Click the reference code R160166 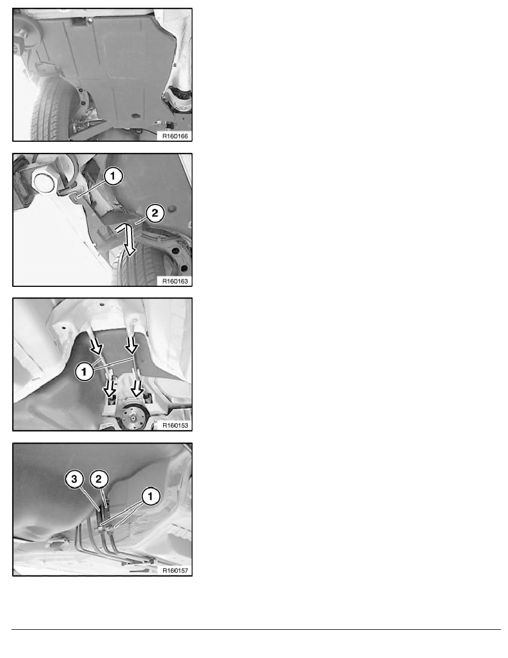pyautogui.click(x=175, y=136)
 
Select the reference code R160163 pyautogui.click(x=175, y=281)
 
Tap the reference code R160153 pyautogui.click(x=175, y=425)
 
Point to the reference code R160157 pyautogui.click(x=175, y=570)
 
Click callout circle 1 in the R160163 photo pyautogui.click(x=112, y=176)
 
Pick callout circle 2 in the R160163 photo pyautogui.click(x=154, y=213)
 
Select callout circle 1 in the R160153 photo pyautogui.click(x=84, y=372)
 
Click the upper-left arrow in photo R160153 pyautogui.click(x=97, y=347)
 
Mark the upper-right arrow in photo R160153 pyautogui.click(x=132, y=345)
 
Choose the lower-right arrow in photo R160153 pyautogui.click(x=137, y=389)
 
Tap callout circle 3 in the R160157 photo pyautogui.click(x=74, y=479)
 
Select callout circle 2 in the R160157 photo pyautogui.click(x=99, y=479)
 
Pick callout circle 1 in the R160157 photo pyautogui.click(x=151, y=496)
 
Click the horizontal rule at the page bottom pyautogui.click(x=256, y=629)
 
